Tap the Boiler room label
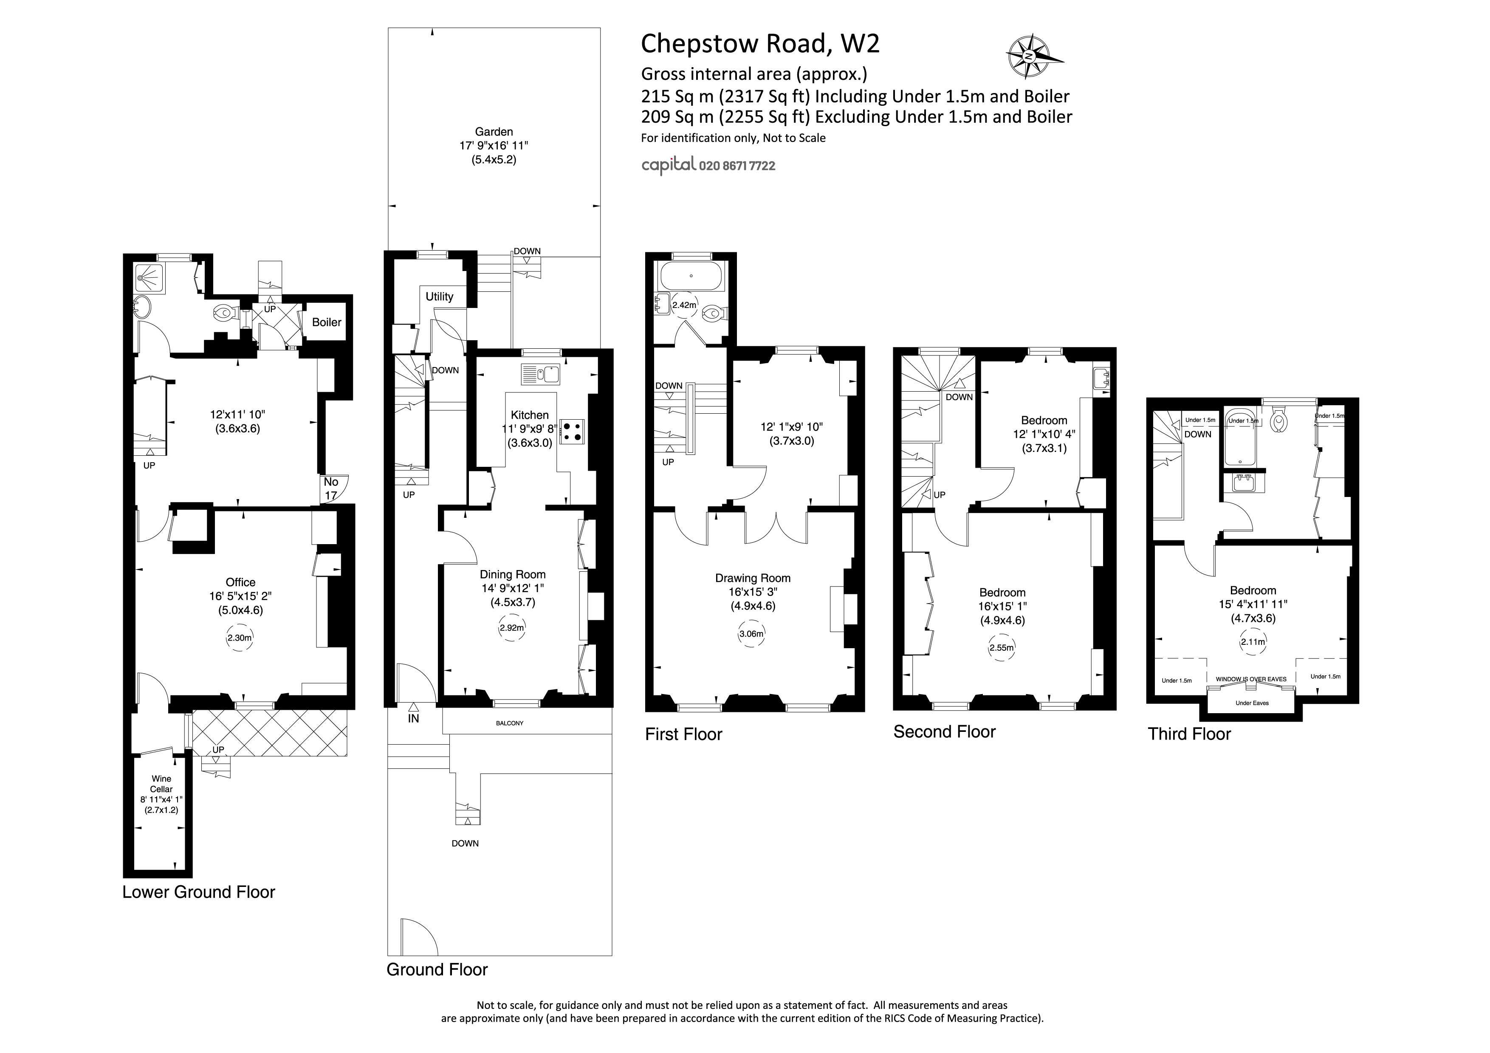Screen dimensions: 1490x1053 327,322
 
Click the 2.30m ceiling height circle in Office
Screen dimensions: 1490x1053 240,638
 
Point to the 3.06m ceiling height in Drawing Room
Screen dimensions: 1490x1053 751,634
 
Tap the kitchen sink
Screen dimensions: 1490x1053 540,374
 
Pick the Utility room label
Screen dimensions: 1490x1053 439,296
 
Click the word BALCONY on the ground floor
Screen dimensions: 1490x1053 509,723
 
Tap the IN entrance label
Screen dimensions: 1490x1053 413,718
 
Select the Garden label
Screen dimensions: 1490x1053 494,132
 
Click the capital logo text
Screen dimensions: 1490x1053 669,165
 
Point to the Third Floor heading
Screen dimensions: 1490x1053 1189,734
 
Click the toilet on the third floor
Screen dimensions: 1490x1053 1279,422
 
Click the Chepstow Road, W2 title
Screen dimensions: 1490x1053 760,43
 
